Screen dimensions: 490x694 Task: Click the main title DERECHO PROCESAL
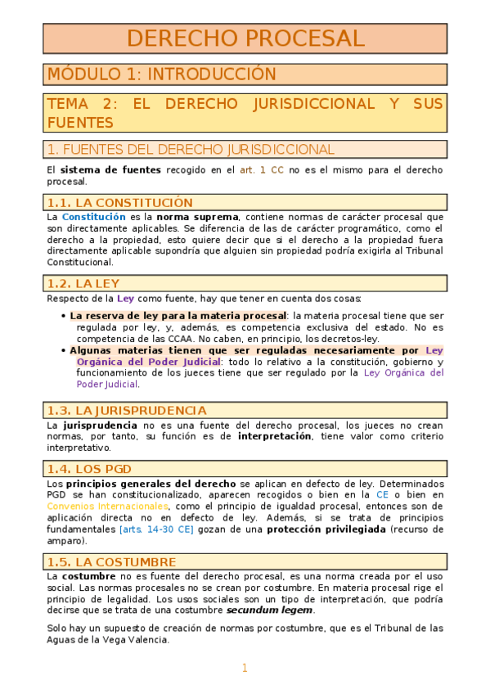pos(245,38)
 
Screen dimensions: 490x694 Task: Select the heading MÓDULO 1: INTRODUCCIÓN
pos(162,74)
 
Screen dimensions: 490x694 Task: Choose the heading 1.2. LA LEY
pos(83,283)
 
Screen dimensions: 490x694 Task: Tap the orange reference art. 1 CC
pos(261,170)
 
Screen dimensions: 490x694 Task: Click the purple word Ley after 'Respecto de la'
pos(125,298)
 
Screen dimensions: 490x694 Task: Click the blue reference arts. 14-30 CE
pos(156,530)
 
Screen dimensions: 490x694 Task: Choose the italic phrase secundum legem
pos(270,611)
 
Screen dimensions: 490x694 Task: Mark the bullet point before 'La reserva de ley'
pos(65,315)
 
